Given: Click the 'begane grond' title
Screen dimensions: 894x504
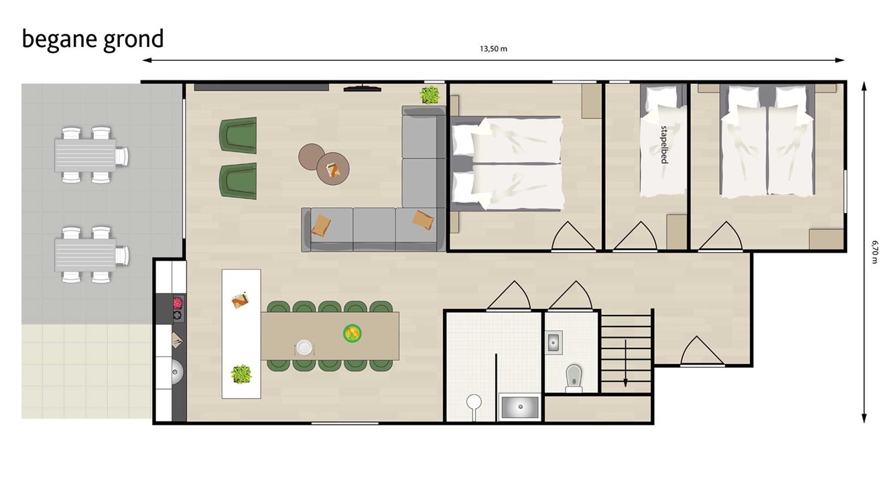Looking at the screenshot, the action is (x=92, y=40).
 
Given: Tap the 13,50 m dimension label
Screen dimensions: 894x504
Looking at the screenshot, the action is (x=493, y=49).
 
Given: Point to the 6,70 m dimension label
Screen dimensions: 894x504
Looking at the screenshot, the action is (x=875, y=252).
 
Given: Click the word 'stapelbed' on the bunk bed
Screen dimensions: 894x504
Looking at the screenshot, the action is (x=663, y=145).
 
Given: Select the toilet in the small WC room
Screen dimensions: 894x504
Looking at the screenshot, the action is (x=574, y=378).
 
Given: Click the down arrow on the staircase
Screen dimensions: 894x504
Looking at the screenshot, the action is (x=625, y=363).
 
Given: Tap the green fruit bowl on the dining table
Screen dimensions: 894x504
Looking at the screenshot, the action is (x=353, y=333).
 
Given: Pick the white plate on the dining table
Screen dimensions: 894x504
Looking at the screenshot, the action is (x=304, y=347).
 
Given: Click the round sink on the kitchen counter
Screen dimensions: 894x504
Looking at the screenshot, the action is (x=177, y=373).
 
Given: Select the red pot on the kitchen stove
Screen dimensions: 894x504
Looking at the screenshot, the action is (x=178, y=303).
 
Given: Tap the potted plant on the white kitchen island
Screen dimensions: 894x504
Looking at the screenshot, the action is (x=241, y=374).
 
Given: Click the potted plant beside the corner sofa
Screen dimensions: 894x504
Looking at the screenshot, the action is (x=430, y=95).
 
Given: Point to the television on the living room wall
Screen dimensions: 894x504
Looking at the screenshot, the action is (x=363, y=88).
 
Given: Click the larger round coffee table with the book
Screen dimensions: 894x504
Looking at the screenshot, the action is (x=333, y=169).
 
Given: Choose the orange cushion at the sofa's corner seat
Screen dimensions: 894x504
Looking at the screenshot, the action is (x=423, y=220).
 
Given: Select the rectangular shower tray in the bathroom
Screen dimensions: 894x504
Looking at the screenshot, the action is (x=519, y=407).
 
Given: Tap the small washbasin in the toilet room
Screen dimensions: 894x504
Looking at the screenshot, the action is (x=553, y=342).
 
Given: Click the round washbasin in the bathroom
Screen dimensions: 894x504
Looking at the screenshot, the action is (x=474, y=402).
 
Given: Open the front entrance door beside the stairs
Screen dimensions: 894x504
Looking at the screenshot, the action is (x=702, y=351).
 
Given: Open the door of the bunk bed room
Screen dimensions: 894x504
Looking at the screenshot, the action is (x=635, y=237).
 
